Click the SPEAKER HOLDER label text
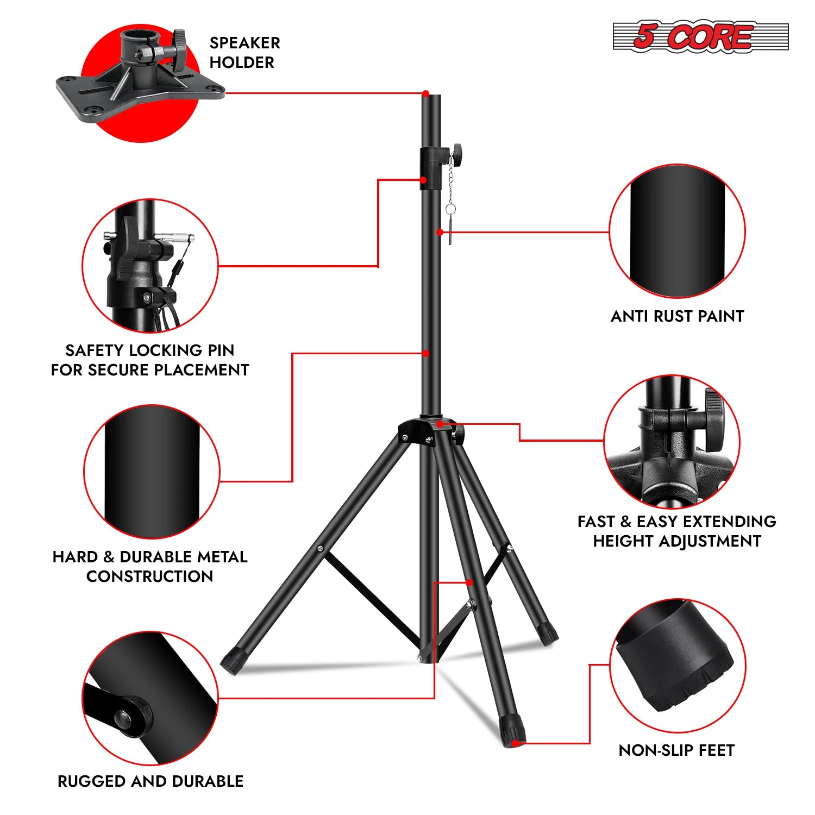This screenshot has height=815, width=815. [x=244, y=53]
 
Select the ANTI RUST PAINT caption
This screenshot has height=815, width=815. [x=677, y=316]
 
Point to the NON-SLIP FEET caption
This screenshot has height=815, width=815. [x=676, y=750]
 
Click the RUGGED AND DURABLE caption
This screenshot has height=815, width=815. [x=151, y=781]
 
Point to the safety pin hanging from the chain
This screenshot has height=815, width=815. [x=450, y=228]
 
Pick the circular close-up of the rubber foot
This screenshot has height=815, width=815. [x=677, y=666]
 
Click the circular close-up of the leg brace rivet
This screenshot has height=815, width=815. [x=151, y=699]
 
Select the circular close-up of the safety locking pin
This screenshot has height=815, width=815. [x=151, y=266]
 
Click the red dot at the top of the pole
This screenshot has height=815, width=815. [x=426, y=93]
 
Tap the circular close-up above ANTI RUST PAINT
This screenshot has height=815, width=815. [x=677, y=231]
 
